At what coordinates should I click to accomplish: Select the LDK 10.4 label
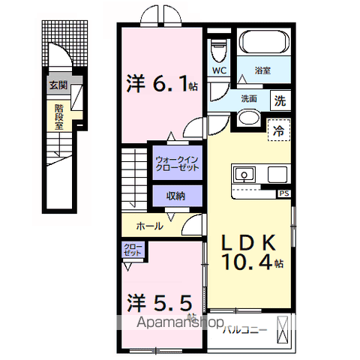coord(250,250)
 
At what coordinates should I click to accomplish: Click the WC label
coord(220,71)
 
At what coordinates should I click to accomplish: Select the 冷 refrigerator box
coord(278,128)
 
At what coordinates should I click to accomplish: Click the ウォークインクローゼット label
coord(178,163)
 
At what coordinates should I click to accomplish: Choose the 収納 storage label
coord(175,196)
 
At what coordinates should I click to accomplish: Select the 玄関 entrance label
coord(58,85)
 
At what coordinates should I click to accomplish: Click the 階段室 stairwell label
coord(58,116)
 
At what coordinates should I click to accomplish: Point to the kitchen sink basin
coord(244,175)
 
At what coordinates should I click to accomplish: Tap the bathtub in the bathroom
coord(263,43)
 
